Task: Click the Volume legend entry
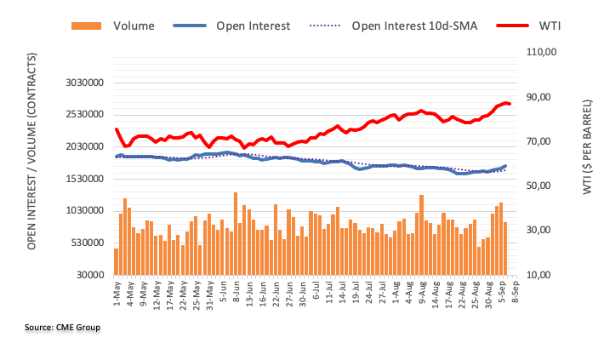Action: [118, 26]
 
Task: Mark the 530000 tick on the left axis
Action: [88, 243]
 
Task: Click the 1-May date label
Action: [116, 296]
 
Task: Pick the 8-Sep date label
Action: [515, 296]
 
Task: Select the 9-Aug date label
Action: [421, 297]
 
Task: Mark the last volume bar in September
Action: [505, 248]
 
